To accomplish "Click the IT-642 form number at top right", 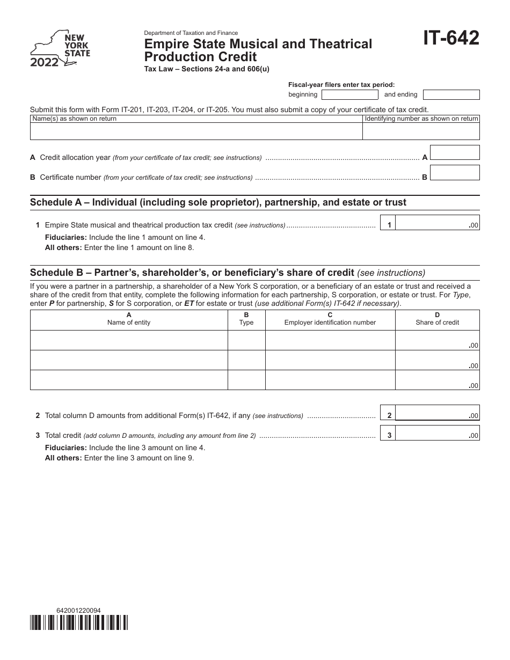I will click(451, 39).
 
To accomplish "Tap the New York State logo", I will click(60, 49).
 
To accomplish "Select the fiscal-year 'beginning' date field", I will click(349, 94).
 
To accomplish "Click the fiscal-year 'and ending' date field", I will click(451, 94).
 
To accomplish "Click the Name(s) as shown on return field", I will click(196, 131).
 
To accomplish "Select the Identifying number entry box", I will click(421, 131).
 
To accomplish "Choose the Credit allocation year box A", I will click(455, 152).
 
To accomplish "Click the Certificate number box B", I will click(455, 172).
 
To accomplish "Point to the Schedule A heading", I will click(218, 202).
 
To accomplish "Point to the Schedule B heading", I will click(227, 272).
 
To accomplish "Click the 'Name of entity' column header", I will click(129, 319).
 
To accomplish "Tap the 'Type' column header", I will click(246, 319).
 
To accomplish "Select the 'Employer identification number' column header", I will click(330, 319).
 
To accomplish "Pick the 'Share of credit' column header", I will click(437, 319).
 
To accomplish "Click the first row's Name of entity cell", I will click(129, 340).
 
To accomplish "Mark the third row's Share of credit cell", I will click(437, 380).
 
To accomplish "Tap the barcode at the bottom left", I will click(79, 622).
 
